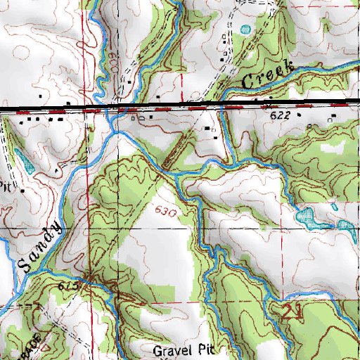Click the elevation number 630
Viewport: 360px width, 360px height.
click(162, 210)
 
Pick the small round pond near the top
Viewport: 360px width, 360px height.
click(245, 30)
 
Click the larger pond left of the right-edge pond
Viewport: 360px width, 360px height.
click(309, 217)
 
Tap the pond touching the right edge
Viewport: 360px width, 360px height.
click(346, 229)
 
